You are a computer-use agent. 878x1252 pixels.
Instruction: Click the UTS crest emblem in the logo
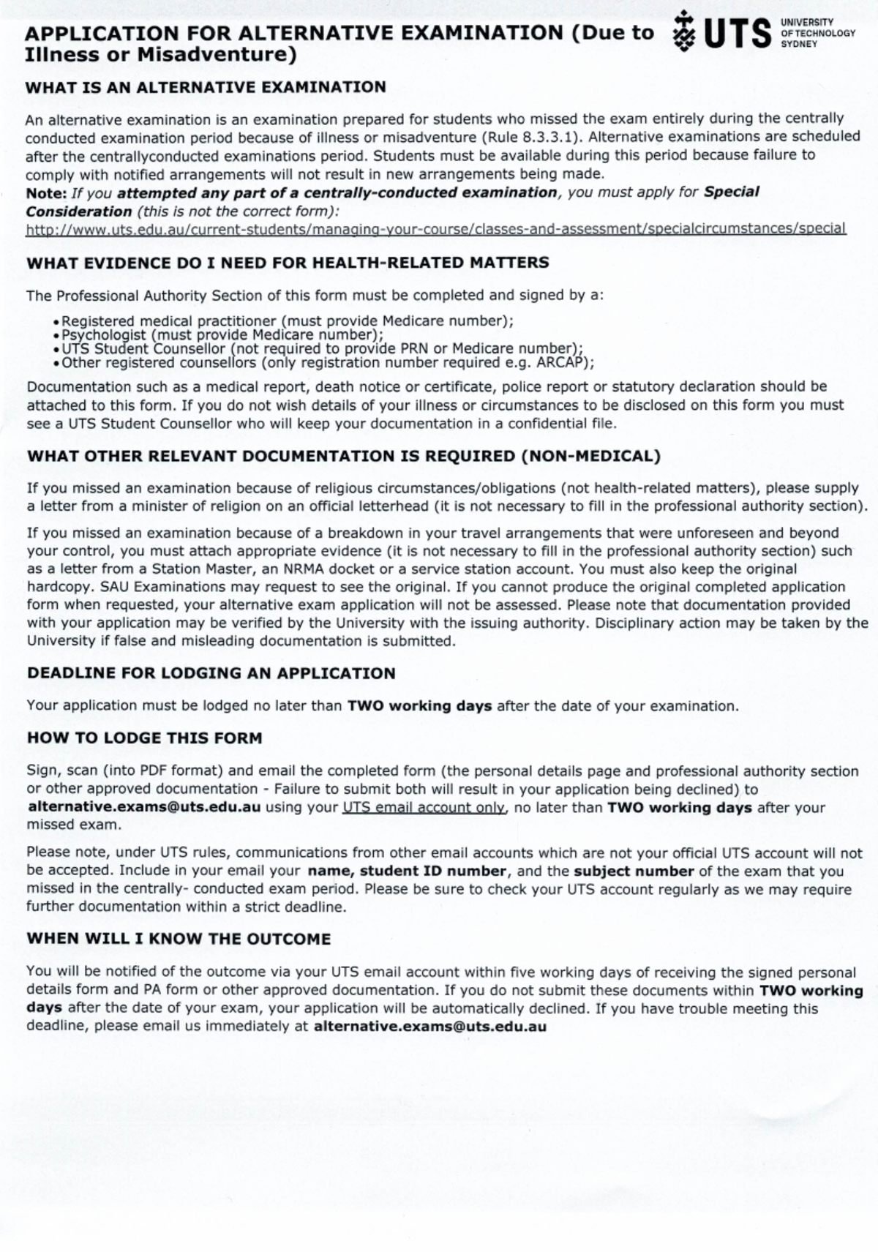[683, 31]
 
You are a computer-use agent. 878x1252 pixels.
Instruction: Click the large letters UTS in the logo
[737, 34]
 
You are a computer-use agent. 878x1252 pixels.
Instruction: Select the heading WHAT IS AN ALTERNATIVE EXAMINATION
[206, 87]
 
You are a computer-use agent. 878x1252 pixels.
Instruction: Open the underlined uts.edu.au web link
[435, 229]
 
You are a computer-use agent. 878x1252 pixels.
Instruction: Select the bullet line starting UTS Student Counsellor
[322, 349]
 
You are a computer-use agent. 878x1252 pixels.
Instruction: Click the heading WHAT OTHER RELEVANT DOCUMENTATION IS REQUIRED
[344, 456]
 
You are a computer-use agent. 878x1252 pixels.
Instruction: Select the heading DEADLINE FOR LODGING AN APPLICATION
[211, 673]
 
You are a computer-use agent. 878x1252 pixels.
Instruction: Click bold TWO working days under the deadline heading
[419, 706]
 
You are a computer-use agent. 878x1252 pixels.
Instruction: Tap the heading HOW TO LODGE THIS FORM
[144, 738]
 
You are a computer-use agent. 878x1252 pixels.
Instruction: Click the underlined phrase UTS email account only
[423, 808]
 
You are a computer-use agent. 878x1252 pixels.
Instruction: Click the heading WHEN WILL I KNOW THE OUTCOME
[179, 939]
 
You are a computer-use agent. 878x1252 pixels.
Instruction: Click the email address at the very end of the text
[429, 1027]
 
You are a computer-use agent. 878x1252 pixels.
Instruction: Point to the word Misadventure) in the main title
[217, 55]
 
